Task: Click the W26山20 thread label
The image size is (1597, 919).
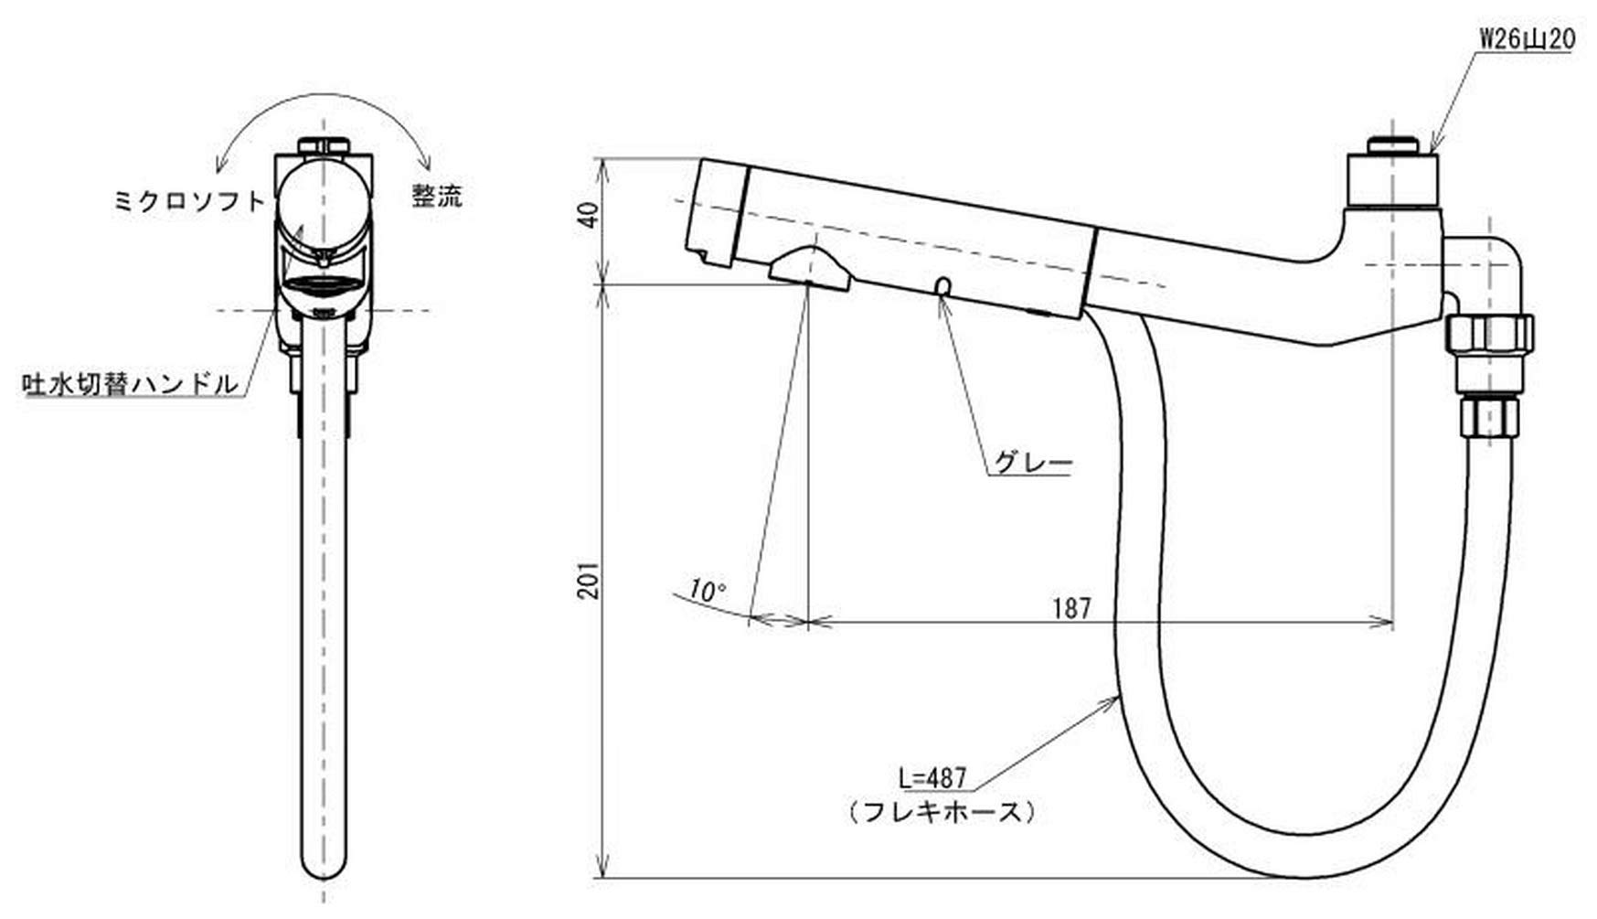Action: pos(1526,38)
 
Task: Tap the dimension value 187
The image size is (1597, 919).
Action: pos(1071,607)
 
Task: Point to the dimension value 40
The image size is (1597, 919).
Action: pos(590,216)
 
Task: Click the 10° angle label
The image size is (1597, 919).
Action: pos(706,591)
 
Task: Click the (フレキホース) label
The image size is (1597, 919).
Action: pos(942,811)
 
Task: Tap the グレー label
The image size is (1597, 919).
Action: pos(1032,464)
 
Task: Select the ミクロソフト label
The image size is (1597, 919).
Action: pos(189,201)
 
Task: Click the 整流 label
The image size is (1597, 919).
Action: pos(436,196)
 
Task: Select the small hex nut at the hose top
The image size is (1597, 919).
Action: pos(1489,415)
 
